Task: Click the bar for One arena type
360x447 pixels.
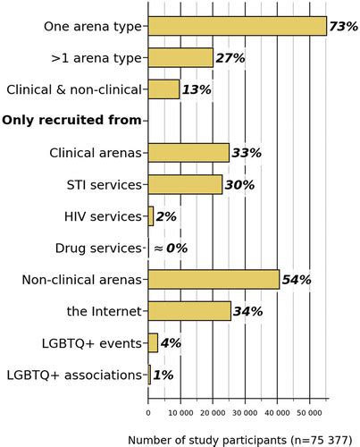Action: (237, 27)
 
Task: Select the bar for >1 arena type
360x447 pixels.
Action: (180, 58)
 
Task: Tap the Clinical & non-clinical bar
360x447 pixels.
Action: (163, 89)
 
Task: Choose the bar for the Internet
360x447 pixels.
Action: (189, 311)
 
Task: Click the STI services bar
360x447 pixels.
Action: (185, 184)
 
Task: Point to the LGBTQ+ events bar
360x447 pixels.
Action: (153, 343)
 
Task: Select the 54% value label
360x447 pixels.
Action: (296, 280)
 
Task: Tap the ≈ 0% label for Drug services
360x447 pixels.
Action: (168, 249)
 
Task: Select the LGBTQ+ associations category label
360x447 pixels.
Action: (74, 375)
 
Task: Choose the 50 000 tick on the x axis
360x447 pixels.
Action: (309, 413)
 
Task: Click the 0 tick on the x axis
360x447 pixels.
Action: (148, 413)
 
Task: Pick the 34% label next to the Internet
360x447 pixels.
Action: (247, 311)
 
